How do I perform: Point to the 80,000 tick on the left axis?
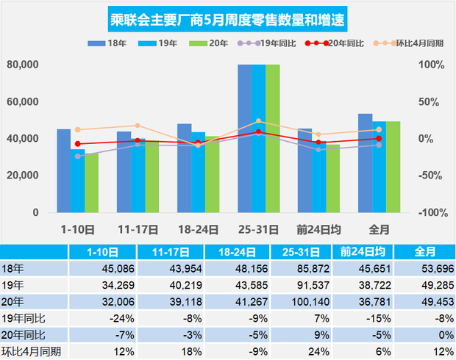[x=23, y=65]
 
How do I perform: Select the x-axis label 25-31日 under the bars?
[x=257, y=229]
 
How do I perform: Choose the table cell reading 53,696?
[x=430, y=268]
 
